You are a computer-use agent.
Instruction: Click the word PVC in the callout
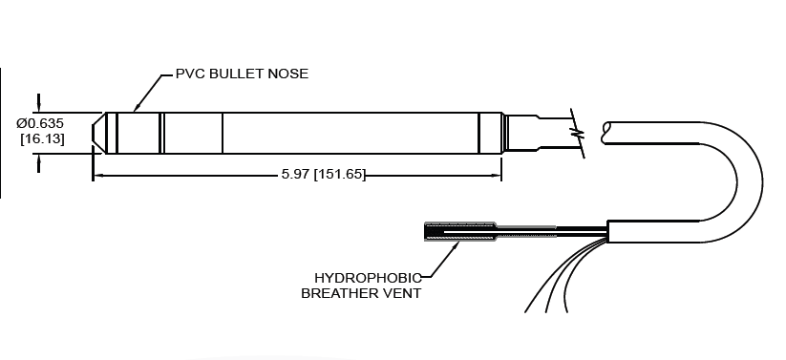tap(190, 74)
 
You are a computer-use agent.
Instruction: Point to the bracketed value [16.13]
tap(41, 139)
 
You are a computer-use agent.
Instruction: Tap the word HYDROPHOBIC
tap(368, 278)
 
